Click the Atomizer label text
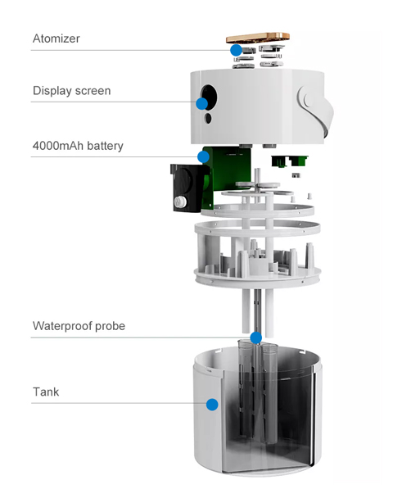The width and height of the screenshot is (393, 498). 56,38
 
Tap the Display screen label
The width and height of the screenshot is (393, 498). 72,91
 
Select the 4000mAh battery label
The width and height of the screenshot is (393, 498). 78,146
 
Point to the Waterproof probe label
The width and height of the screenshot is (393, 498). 79,326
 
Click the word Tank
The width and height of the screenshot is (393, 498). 46,392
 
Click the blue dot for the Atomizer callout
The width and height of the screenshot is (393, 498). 236,50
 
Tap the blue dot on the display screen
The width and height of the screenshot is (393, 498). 202,103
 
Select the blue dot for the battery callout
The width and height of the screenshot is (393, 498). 203,156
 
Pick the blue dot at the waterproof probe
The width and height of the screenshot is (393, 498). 256,338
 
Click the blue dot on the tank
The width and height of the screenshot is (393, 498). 212,405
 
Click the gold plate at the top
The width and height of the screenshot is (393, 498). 258,38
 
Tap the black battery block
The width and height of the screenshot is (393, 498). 187,188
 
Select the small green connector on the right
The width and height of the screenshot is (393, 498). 289,161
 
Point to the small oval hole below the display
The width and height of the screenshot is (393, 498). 208,118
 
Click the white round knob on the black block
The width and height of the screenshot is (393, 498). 180,201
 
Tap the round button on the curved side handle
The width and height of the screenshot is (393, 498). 309,99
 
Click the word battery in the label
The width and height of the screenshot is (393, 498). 105,146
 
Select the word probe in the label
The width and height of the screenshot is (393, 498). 110,327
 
